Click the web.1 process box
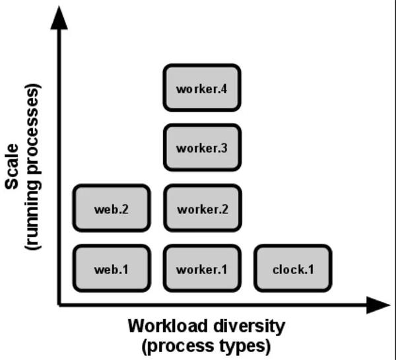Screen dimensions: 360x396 coord(112,268)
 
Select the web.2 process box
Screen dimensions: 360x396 coord(112,208)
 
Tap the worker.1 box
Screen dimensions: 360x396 coord(202,268)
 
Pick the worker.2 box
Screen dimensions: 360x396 coord(202,208)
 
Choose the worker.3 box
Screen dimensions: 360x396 coord(202,147)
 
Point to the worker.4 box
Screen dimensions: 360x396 coord(202,87)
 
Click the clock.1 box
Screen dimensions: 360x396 coord(292,268)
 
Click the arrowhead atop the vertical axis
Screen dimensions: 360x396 coord(59,18)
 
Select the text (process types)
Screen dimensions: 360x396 coord(206,345)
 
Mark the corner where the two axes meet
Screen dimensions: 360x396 coord(59,305)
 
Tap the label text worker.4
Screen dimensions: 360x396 coord(202,88)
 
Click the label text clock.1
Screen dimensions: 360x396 coord(292,270)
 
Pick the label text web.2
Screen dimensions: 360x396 coord(112,209)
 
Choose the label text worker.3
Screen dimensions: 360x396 coord(202,148)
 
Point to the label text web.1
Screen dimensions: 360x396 coord(112,270)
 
